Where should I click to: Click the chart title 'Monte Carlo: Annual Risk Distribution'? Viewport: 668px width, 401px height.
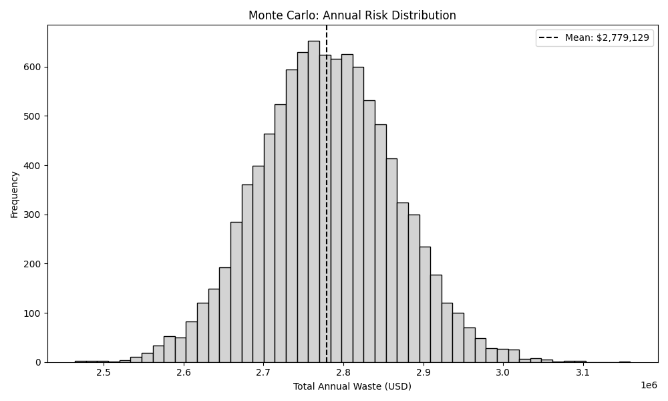click(x=352, y=15)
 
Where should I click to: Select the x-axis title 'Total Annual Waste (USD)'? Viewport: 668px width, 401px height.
click(x=352, y=386)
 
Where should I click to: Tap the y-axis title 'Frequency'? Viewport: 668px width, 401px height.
click(x=14, y=194)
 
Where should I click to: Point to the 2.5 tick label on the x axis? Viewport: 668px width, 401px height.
click(x=103, y=372)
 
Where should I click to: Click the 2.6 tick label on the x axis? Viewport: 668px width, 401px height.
click(x=183, y=372)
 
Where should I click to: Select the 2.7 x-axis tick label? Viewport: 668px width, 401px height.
click(x=263, y=372)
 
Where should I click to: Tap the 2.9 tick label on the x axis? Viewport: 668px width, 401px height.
click(x=423, y=372)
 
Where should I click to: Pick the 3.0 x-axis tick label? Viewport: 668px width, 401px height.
click(x=503, y=372)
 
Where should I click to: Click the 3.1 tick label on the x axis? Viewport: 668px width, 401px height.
click(x=582, y=372)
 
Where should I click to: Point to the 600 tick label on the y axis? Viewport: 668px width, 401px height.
click(x=34, y=67)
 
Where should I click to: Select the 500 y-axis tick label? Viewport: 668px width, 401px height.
click(x=34, y=116)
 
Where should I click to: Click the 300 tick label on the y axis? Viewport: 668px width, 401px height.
click(x=34, y=215)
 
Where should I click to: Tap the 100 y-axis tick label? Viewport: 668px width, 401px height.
click(x=34, y=313)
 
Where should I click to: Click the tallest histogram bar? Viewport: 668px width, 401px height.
click(x=313, y=200)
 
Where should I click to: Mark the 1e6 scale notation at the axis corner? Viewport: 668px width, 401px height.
click(x=649, y=386)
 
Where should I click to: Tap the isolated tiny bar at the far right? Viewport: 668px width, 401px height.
click(x=625, y=362)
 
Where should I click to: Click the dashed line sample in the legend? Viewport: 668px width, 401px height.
click(x=550, y=38)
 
